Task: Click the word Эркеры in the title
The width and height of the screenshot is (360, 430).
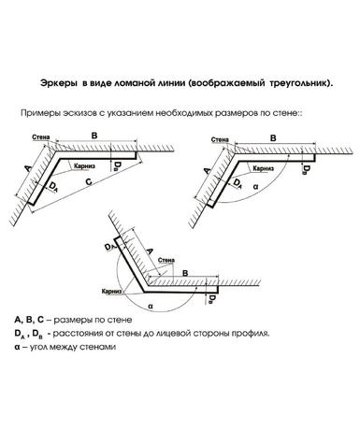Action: [58, 83]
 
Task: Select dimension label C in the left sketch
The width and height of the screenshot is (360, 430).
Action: [89, 181]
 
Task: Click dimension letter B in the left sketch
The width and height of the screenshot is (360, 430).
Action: [94, 136]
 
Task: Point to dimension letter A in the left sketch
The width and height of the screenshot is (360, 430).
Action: [28, 168]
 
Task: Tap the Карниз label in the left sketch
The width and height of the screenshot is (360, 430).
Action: [84, 165]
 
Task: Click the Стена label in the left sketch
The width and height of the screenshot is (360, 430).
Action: [41, 137]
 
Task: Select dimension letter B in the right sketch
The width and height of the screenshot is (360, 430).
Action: [273, 138]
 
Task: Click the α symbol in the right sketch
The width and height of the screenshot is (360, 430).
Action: [255, 187]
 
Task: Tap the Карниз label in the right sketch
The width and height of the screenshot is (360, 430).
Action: [264, 168]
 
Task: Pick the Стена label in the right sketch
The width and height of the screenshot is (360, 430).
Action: [220, 140]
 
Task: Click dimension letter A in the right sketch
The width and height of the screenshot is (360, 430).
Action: [207, 170]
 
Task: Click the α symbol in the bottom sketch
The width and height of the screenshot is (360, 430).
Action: [151, 306]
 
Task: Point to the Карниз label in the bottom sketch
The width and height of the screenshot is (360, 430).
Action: [111, 292]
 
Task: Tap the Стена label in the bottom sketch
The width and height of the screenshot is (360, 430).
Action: [166, 260]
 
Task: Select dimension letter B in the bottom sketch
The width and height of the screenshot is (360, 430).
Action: [185, 273]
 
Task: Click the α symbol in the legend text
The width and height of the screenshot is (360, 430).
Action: [17, 347]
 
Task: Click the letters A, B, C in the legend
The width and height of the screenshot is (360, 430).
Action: [30, 320]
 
